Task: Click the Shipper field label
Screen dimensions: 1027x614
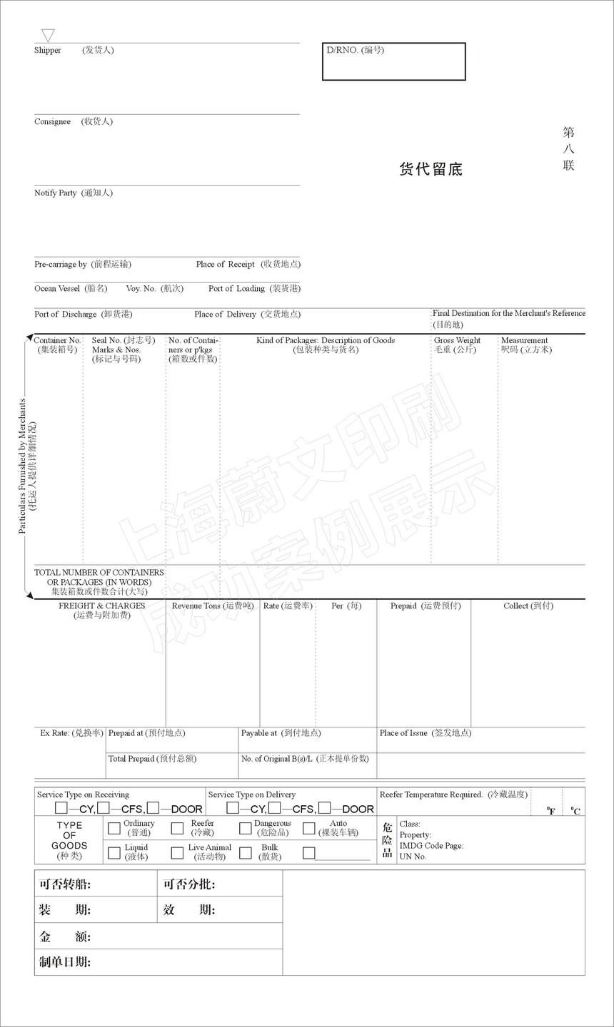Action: [x=48, y=51]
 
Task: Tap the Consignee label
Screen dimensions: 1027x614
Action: [x=52, y=122]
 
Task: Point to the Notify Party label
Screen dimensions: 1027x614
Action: [x=56, y=193]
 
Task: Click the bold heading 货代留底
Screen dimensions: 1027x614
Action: [x=431, y=169]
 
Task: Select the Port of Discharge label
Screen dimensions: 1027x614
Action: [x=66, y=315]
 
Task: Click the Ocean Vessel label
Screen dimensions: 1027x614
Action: [x=57, y=289]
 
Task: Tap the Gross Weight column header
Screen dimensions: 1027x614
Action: [x=457, y=341]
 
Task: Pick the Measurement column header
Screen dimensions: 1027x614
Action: [x=525, y=341]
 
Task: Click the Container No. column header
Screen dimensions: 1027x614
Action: [x=57, y=341]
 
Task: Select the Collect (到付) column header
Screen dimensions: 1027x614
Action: [x=528, y=606]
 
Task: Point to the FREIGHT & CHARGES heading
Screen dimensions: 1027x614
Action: [x=101, y=606]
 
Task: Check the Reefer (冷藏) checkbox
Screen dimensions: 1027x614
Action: [x=177, y=828]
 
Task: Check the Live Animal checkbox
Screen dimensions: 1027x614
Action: [x=177, y=852]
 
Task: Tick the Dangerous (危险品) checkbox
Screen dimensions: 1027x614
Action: [x=245, y=828]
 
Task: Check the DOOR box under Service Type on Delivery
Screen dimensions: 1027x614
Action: [x=324, y=808]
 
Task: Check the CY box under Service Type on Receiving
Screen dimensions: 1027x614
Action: [x=61, y=808]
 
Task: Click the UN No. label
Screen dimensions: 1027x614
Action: [x=413, y=857]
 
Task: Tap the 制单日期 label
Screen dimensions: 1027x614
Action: [x=65, y=962]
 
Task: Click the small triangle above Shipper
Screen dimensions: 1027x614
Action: [x=48, y=35]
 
